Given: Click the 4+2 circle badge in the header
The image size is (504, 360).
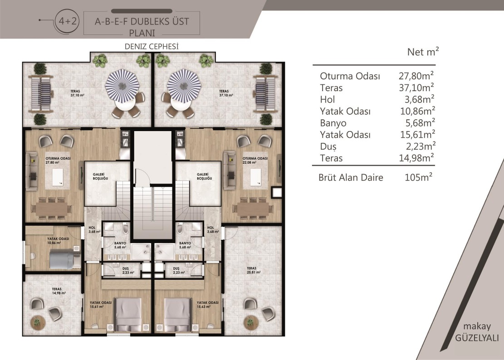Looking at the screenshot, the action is pos(68,21).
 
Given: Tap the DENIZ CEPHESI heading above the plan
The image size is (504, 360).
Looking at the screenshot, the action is pos(152,47).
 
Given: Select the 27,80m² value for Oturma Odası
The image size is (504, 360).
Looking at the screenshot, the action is pos(416,76).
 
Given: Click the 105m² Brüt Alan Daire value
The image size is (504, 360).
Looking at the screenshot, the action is pos(419,177).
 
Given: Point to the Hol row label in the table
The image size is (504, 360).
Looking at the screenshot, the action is pos(328,100).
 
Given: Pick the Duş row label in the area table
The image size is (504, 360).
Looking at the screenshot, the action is pos(328,146).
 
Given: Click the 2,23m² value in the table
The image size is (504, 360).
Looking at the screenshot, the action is pos(421,146).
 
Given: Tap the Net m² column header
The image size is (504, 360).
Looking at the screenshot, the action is pos(423,52).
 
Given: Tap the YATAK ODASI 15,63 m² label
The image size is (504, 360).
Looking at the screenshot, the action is pos(208,304).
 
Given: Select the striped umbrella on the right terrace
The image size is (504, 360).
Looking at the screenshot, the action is pos(184,85).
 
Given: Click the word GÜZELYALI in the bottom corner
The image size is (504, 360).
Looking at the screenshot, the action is pos(477,338).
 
